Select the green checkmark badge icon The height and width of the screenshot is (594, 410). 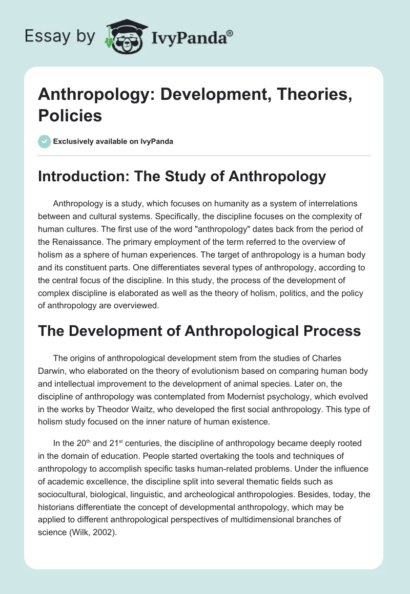click(x=45, y=141)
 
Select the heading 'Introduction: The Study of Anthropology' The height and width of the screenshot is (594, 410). click(x=182, y=177)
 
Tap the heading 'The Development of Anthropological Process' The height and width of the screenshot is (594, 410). click(x=200, y=331)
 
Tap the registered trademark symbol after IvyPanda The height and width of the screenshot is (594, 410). click(x=230, y=32)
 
